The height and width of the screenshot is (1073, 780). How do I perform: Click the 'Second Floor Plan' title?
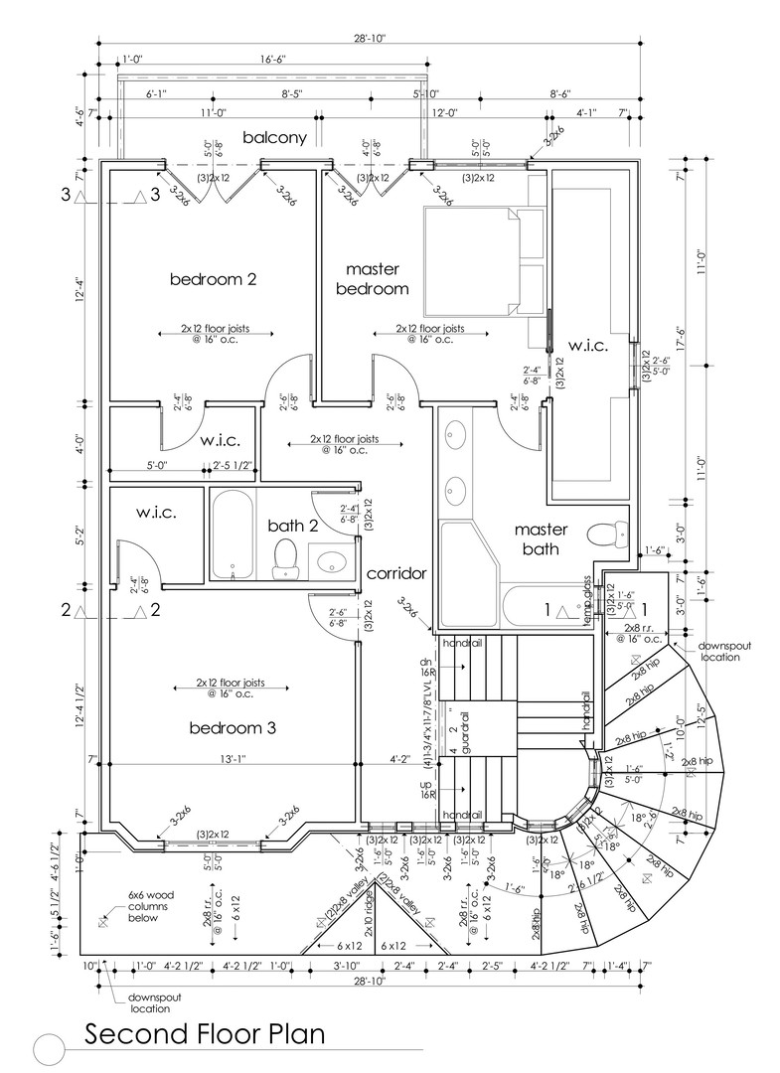[204, 1034]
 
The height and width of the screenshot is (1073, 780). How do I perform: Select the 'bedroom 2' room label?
[213, 279]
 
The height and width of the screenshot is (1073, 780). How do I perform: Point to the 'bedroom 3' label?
[232, 728]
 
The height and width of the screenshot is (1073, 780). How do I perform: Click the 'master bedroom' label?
[373, 279]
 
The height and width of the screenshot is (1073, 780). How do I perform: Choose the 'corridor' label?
[396, 573]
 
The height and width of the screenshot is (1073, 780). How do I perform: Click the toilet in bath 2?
[285, 558]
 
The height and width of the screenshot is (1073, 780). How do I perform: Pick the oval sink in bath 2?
[331, 563]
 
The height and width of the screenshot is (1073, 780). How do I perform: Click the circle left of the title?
[49, 1048]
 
